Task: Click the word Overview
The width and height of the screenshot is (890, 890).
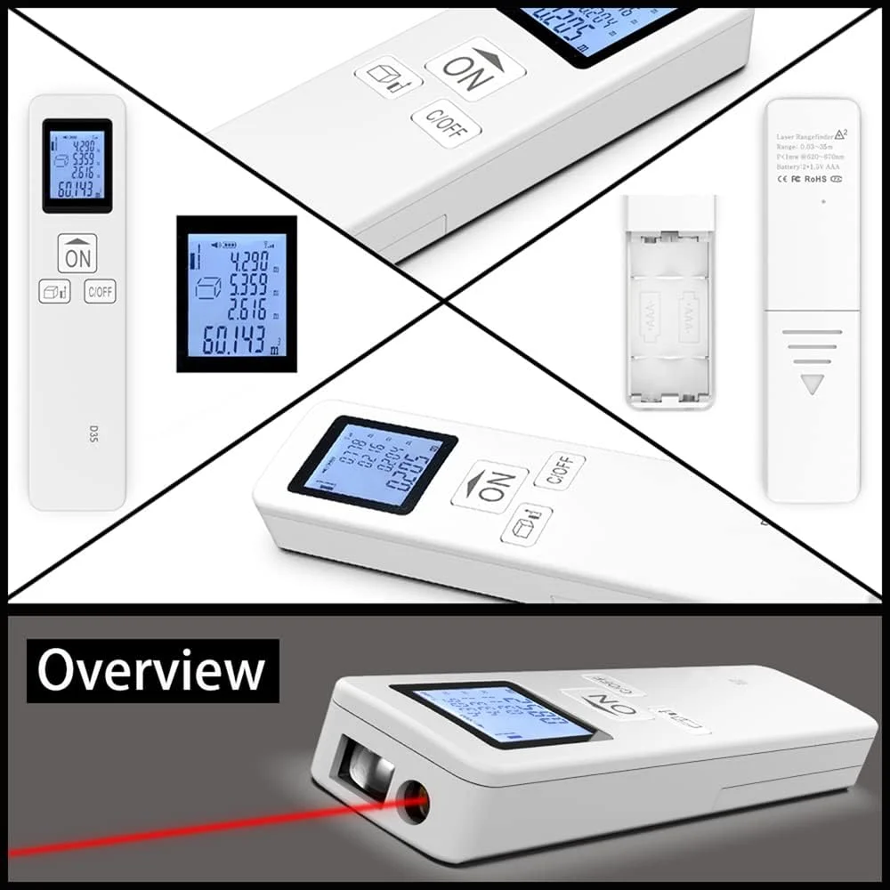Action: (150, 670)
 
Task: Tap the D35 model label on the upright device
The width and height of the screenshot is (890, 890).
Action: (77, 435)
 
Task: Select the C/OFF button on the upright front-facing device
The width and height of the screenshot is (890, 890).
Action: (100, 291)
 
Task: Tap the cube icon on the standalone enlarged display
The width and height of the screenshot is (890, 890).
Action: (207, 288)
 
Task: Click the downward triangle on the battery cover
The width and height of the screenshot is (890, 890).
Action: (812, 384)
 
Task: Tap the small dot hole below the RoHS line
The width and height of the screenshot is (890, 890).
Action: (823, 201)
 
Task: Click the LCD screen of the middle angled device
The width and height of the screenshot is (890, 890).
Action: (373, 465)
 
